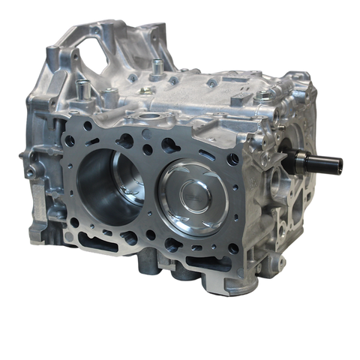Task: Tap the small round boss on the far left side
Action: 29,173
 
